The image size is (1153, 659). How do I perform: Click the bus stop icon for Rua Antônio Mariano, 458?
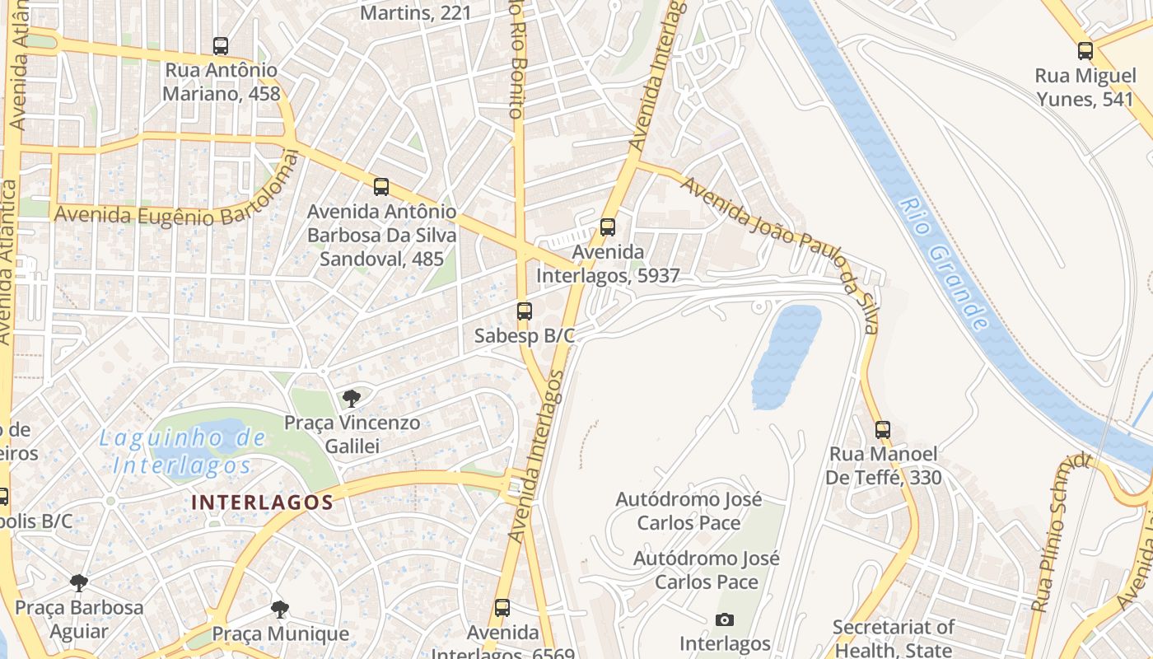pos(221,46)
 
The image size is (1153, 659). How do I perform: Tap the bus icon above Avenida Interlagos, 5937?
pos(608,227)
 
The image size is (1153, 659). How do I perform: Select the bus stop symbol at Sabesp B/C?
pos(525,311)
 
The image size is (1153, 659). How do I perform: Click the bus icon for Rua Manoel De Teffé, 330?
pos(883,430)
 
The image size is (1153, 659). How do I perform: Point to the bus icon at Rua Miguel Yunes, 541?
pos(1085,51)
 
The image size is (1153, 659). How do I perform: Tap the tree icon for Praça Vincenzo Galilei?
pos(352,399)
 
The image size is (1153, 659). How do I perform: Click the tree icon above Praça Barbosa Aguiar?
pos(79,583)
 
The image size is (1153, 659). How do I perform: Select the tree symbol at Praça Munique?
pos(280,610)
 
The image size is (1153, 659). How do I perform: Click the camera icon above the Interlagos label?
pos(725,619)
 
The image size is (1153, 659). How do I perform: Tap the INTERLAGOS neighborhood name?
pos(262,502)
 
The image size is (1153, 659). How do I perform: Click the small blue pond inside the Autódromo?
pos(786,356)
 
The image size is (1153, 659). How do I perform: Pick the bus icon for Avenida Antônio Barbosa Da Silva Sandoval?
pos(380,187)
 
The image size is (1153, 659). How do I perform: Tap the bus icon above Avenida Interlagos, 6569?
pos(502,608)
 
